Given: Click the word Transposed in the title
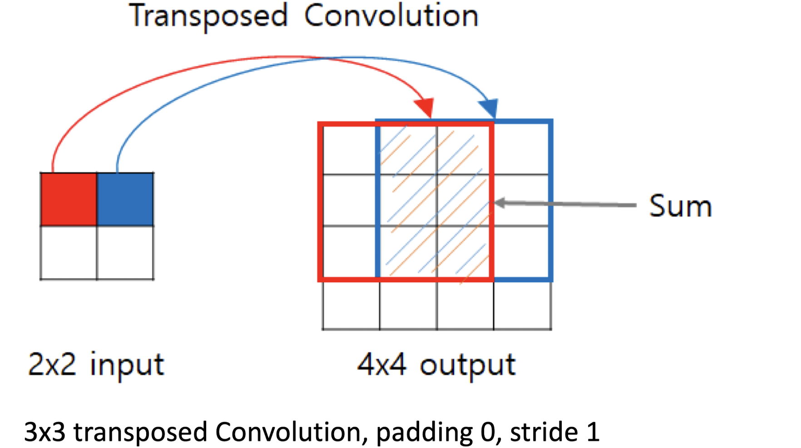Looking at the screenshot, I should pyautogui.click(x=208, y=16).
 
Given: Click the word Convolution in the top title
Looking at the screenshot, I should pyautogui.click(x=391, y=16).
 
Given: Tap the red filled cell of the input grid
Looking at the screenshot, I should pyautogui.click(x=69, y=199).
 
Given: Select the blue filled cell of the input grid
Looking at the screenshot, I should pyautogui.click(x=125, y=199).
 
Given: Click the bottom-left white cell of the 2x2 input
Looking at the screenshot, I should pyautogui.click(x=69, y=253).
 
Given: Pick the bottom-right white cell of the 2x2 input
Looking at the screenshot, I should pyautogui.click(x=125, y=253).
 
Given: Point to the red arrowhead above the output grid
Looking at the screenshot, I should pyautogui.click(x=425, y=108).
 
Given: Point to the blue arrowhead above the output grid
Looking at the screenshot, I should pyautogui.click(x=489, y=108).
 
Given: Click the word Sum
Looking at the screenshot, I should pyautogui.click(x=680, y=206).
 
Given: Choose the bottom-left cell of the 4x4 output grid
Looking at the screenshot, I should pyautogui.click(x=351, y=304).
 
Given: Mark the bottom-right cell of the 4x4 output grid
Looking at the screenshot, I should pyautogui.click(x=522, y=304).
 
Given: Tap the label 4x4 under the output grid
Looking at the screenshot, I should pyautogui.click(x=381, y=364).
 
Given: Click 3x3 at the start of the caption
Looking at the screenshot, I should pyautogui.click(x=44, y=432).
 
